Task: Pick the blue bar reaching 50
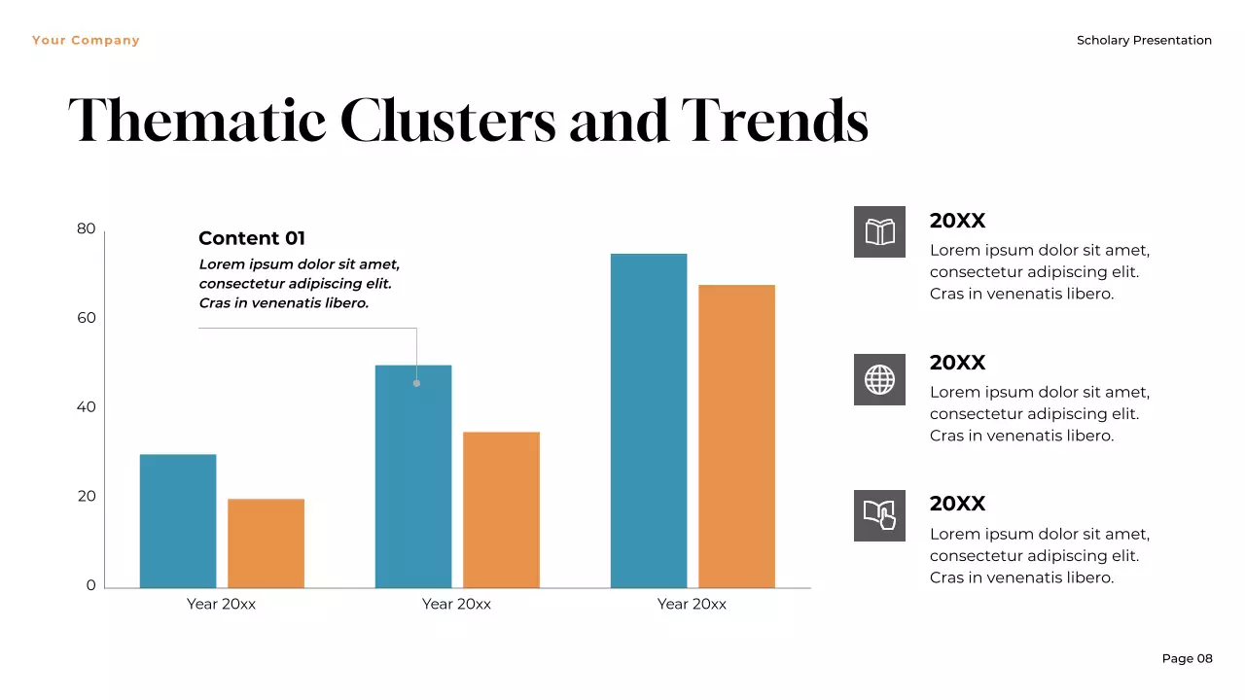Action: click(413, 476)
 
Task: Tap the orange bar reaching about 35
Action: click(501, 509)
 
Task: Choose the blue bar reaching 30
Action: click(178, 520)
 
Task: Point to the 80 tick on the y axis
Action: click(87, 229)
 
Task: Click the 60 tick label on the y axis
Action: click(87, 318)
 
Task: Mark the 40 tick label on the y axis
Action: click(87, 407)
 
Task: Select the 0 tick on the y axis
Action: click(91, 585)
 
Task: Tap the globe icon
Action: click(879, 379)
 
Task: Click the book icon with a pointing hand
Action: click(879, 515)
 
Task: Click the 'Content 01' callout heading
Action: click(252, 238)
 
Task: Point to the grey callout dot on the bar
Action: click(416, 383)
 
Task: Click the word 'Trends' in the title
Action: click(774, 122)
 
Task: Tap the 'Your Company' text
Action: click(86, 41)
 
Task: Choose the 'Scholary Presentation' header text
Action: click(1144, 41)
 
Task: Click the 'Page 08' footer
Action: click(1187, 658)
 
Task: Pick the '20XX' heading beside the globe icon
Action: click(957, 363)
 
